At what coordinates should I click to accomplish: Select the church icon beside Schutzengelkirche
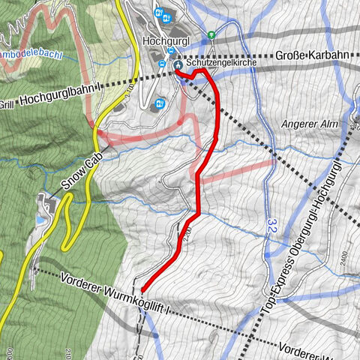point(178,66)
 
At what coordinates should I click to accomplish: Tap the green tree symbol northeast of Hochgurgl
point(211,34)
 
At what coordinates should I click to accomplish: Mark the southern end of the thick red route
point(142,289)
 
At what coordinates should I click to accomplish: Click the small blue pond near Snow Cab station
point(40,220)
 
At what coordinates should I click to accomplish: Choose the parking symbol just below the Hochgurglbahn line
point(159,103)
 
